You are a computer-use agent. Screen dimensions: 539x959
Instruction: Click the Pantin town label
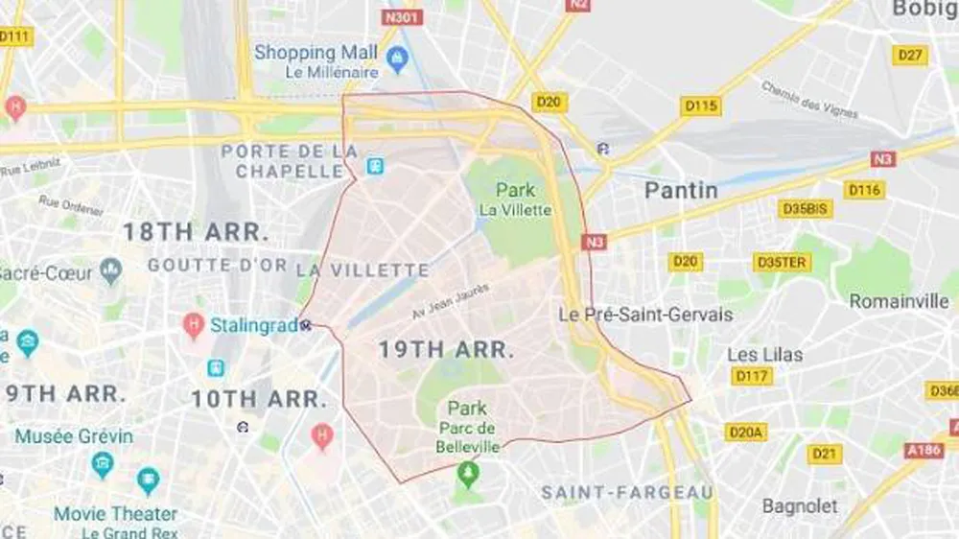tap(681, 190)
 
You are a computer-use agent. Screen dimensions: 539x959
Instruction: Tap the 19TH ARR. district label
tap(446, 350)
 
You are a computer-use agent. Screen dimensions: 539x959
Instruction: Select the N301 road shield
tap(402, 17)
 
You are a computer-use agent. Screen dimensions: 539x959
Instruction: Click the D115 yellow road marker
tap(700, 106)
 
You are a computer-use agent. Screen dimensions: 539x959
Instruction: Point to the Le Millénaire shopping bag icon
tap(396, 61)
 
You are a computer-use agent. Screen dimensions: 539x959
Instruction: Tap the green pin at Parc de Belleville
tap(467, 473)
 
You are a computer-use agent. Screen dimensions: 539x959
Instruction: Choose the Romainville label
tap(899, 301)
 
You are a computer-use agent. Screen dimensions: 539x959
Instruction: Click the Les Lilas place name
tap(764, 355)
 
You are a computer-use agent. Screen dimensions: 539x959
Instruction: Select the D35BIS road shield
tap(805, 209)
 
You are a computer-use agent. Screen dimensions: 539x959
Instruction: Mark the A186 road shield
tap(924, 450)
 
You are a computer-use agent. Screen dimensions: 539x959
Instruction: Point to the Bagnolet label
tap(800, 505)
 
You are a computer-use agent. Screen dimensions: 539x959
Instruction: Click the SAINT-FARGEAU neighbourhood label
tap(627, 493)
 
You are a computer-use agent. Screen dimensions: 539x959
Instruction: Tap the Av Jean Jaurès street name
tap(451, 300)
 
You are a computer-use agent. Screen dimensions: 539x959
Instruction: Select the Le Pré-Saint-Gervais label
tap(646, 315)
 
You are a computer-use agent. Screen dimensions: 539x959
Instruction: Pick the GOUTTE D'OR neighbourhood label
tap(217, 266)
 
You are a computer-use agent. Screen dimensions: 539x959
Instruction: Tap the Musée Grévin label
tap(74, 436)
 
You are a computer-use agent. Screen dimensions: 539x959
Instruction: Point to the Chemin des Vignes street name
tap(809, 101)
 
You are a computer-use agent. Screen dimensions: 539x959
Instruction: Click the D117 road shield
tap(752, 376)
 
